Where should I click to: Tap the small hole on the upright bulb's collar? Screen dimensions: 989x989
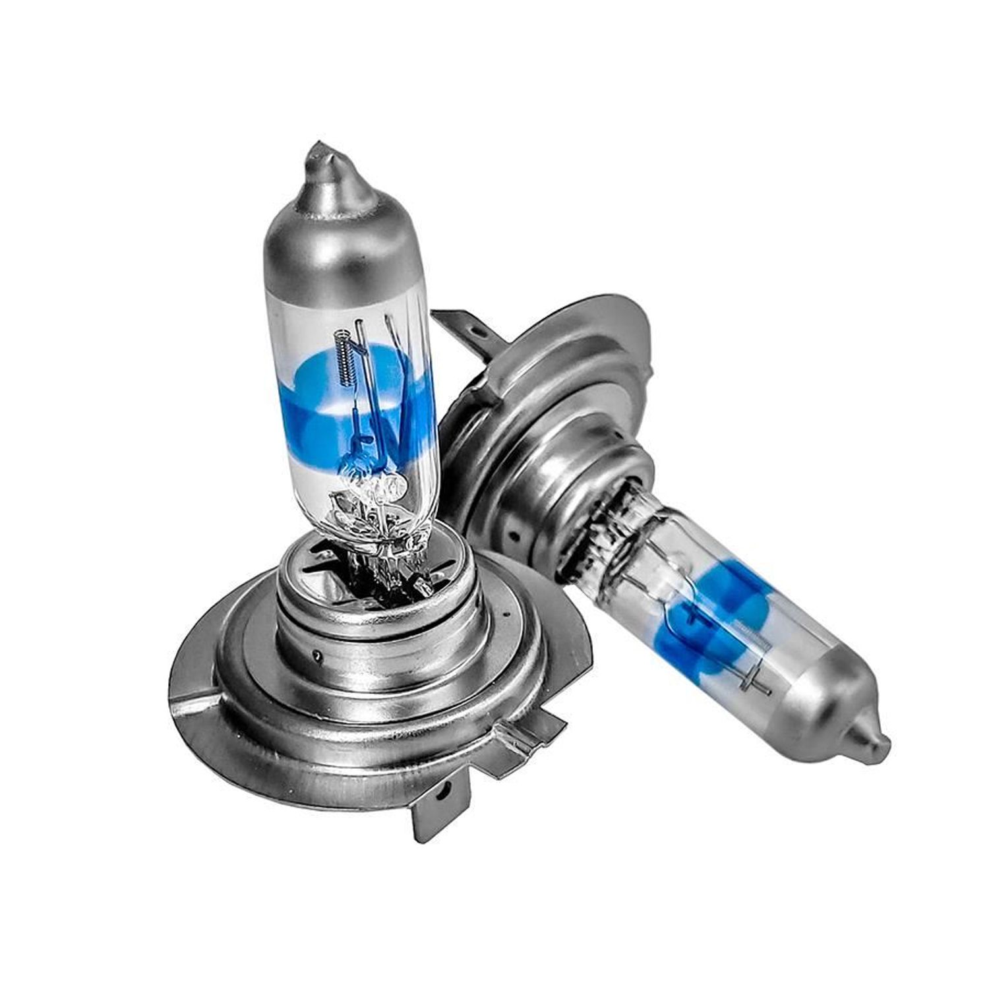pos(318,655)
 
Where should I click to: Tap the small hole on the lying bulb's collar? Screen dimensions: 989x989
pos(508,528)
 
